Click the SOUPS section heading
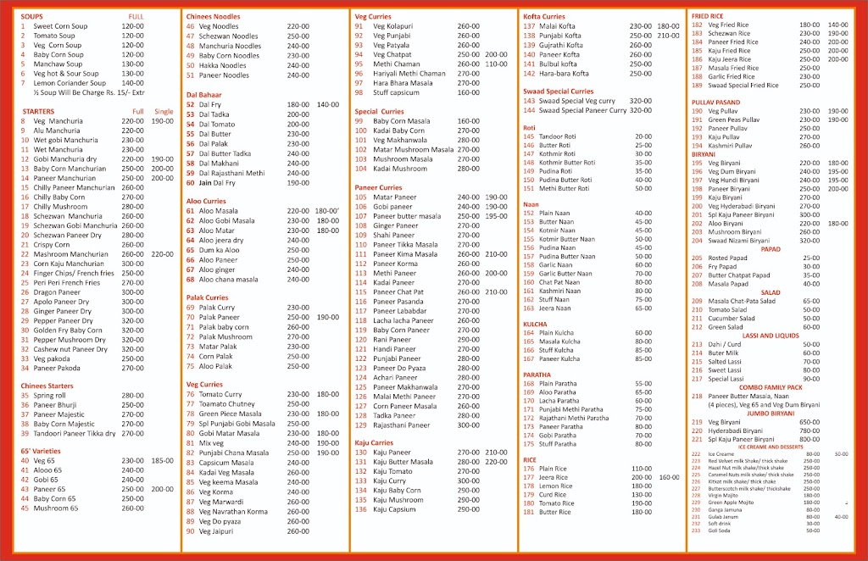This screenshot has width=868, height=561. pyautogui.click(x=33, y=16)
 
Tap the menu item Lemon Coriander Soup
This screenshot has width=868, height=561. pyautogui.click(x=70, y=83)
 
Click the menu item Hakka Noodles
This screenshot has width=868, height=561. pyautogui.click(x=222, y=65)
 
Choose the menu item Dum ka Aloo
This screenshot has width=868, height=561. pyautogui.click(x=219, y=251)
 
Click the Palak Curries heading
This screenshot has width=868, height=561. pyautogui.click(x=207, y=297)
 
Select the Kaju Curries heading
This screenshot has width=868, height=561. pyautogui.click(x=375, y=442)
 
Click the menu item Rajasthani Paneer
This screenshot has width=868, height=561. pyautogui.click(x=402, y=425)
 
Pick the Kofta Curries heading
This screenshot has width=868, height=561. pyautogui.click(x=544, y=16)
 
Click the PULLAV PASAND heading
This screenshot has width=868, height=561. pyautogui.click(x=716, y=102)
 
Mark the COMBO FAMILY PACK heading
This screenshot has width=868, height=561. pyautogui.click(x=771, y=386)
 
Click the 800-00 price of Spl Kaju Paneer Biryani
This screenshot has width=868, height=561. pyautogui.click(x=810, y=439)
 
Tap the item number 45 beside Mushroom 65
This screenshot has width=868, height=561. pyautogui.click(x=25, y=508)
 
